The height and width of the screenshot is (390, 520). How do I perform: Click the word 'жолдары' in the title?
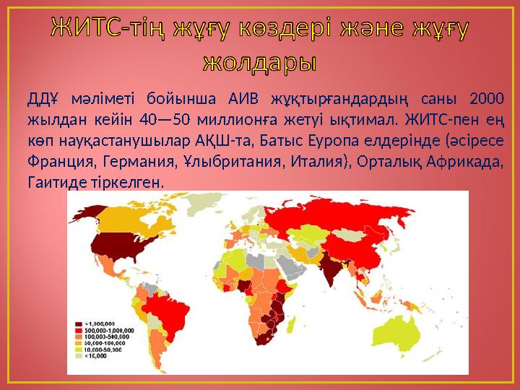[x=260, y=61]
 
